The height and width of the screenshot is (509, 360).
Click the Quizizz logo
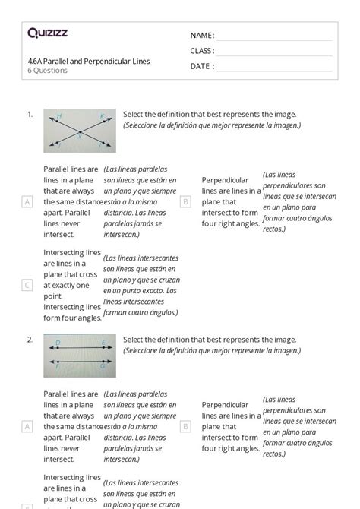(x=47, y=33)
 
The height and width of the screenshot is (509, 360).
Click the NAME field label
(x=201, y=35)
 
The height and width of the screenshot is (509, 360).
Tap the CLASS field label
(x=202, y=51)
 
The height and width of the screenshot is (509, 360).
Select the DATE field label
(x=201, y=66)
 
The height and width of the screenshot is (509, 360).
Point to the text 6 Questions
(x=47, y=71)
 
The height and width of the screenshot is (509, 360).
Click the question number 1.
(x=30, y=114)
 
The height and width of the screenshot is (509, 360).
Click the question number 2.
(x=30, y=339)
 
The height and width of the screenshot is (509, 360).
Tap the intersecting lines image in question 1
(x=80, y=130)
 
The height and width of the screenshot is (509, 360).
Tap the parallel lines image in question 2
(x=80, y=355)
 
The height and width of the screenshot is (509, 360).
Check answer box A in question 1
(x=27, y=202)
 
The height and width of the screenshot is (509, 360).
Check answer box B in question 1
(x=185, y=202)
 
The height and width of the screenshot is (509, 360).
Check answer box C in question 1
(x=27, y=285)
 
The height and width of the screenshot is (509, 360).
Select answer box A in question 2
(x=27, y=427)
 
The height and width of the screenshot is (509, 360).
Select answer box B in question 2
(x=185, y=427)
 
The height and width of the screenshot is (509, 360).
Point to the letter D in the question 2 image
(x=58, y=343)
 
